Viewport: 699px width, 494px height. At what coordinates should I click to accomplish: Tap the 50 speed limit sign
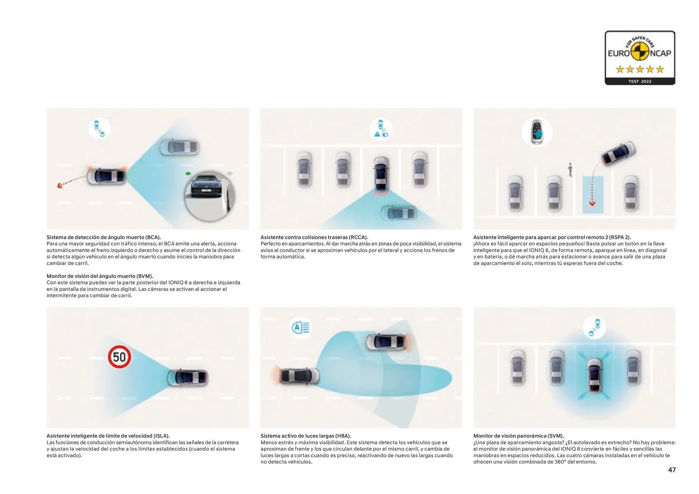pyautogui.click(x=119, y=357)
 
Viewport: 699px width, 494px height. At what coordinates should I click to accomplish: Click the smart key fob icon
pyautogui.click(x=537, y=132)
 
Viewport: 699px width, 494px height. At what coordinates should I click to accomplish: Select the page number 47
pyautogui.click(x=671, y=470)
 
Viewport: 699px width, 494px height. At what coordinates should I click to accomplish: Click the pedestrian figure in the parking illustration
pyautogui.click(x=570, y=169)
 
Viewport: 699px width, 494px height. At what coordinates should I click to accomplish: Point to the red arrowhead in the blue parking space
pyautogui.click(x=592, y=204)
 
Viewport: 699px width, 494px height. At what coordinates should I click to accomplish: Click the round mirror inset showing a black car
pyautogui.click(x=209, y=196)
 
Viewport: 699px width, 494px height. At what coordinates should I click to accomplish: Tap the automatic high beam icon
pyautogui.click(x=300, y=327)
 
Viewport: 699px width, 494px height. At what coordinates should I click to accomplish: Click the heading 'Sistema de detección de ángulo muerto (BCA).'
pyautogui.click(x=104, y=238)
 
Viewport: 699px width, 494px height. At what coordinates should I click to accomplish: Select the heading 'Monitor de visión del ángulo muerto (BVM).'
pyautogui.click(x=100, y=276)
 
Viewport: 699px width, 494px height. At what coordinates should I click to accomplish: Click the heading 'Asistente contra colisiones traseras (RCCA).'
pyautogui.click(x=314, y=238)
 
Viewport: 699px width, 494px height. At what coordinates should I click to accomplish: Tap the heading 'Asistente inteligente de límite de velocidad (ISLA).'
pyautogui.click(x=108, y=436)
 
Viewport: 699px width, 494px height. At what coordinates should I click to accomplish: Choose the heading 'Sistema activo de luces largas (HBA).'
pyautogui.click(x=306, y=436)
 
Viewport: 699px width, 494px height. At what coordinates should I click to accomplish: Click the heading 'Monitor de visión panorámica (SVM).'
pyautogui.click(x=519, y=436)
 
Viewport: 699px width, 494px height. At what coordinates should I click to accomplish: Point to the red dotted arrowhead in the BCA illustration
pyautogui.click(x=60, y=186)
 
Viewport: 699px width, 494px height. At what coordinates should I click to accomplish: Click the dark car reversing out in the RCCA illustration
pyautogui.click(x=381, y=174)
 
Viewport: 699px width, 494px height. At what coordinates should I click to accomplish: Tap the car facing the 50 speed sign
pyautogui.click(x=187, y=377)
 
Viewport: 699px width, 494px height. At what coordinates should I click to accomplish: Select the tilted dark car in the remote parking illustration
pyautogui.click(x=618, y=153)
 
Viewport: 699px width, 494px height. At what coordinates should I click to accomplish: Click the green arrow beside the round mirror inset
pyautogui.click(x=188, y=173)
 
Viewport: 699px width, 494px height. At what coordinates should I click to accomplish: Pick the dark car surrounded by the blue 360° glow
pyautogui.click(x=594, y=376)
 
